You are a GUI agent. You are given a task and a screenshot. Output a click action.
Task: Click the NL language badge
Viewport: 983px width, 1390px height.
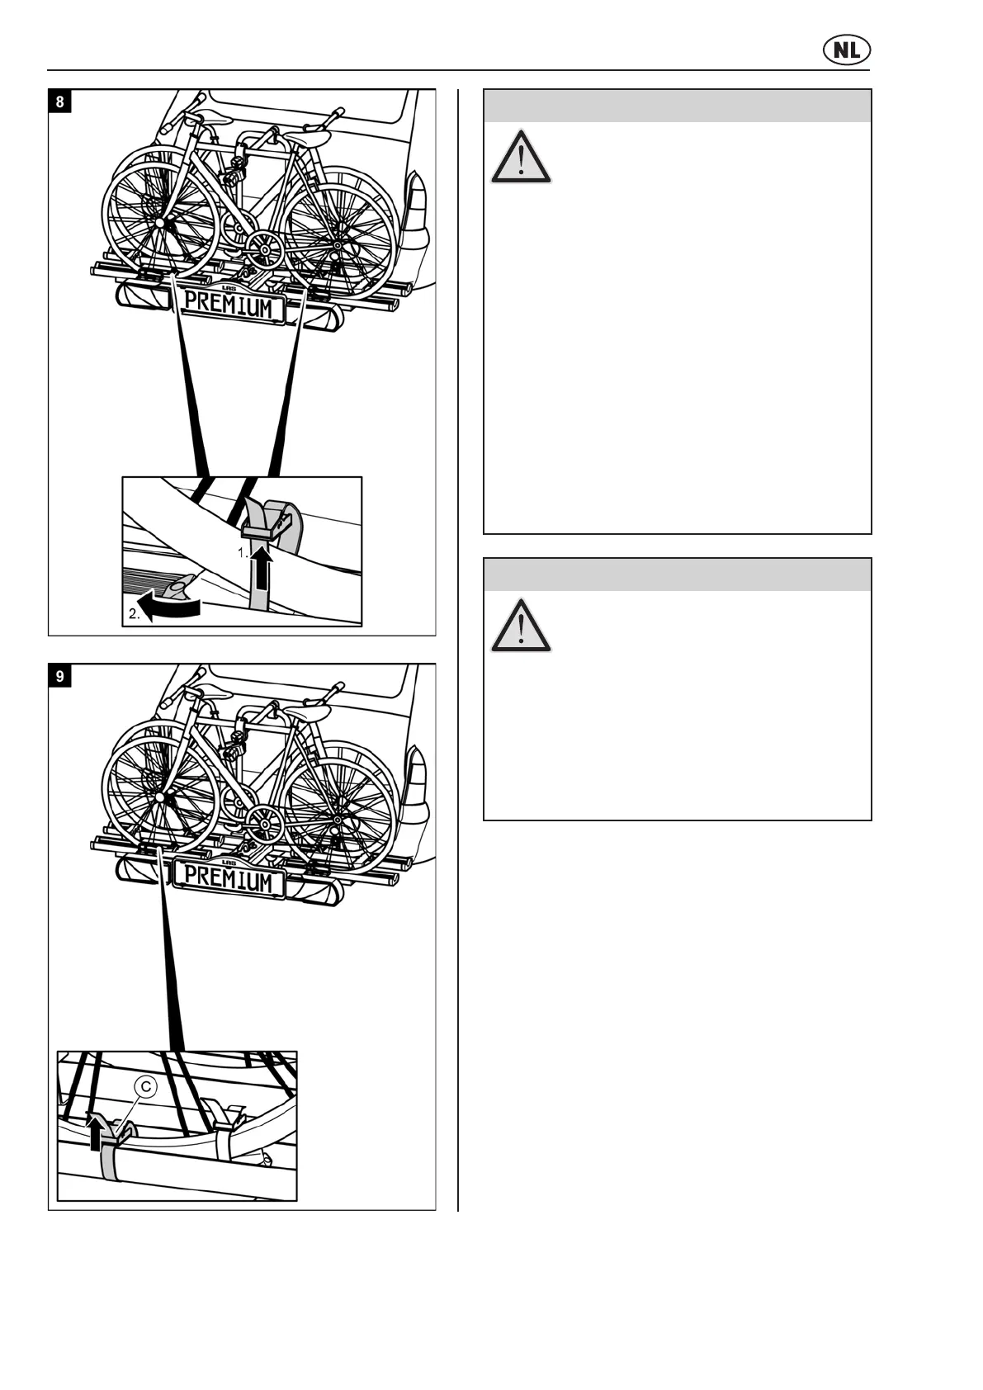846,51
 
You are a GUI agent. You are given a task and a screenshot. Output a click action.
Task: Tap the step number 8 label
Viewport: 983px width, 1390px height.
59,102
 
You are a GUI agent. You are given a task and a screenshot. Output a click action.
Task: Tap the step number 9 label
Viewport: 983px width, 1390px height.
59,677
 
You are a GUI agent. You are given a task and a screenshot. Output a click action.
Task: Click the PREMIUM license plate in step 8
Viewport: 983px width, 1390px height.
228,305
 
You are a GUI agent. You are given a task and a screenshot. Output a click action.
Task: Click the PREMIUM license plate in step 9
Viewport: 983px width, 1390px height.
228,880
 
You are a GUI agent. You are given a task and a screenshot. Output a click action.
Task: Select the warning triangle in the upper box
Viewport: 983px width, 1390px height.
521,157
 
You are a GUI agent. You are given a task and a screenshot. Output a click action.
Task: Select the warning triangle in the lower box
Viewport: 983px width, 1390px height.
521,626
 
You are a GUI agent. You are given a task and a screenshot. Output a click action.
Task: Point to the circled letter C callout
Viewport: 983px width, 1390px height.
145,1088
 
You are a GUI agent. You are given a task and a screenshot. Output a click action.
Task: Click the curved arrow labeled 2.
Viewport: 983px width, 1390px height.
170,609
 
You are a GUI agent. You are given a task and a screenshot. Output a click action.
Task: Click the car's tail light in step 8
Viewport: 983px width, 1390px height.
419,206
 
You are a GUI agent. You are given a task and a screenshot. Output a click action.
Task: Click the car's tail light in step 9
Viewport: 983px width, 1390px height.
419,781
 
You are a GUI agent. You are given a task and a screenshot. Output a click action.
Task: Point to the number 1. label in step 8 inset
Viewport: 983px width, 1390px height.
243,554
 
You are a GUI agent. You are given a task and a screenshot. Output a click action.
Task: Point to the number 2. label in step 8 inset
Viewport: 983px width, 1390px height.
134,613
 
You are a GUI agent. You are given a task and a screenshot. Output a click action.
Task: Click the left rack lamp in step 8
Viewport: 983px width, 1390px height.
142,295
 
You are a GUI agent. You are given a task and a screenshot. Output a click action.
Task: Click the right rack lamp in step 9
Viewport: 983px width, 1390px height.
317,890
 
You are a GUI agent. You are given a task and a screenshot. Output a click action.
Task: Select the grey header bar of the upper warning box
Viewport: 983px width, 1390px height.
677,106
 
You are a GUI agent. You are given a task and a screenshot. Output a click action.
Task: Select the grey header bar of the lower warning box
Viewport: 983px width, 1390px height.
677,574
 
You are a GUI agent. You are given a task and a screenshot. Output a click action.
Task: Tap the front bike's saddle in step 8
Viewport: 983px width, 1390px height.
209,117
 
